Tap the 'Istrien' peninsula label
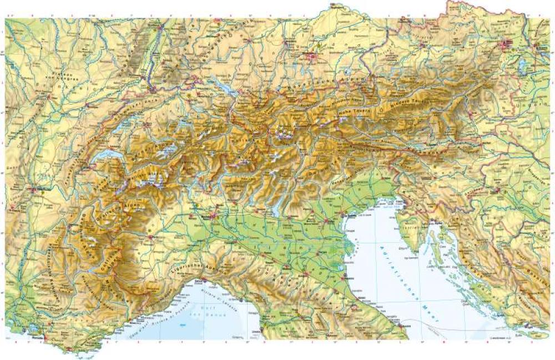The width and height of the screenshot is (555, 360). click(410, 227)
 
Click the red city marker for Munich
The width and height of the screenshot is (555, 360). click(311, 55)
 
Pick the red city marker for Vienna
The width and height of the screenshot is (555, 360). click(506, 44)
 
